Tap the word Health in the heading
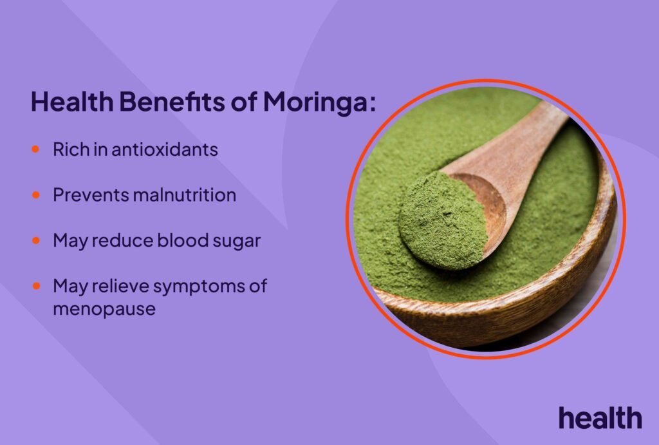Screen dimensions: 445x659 pos(62,102)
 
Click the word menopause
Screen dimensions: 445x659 pos(104,308)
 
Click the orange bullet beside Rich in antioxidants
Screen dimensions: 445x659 pos(36,149)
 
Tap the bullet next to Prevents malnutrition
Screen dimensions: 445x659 pos(36,194)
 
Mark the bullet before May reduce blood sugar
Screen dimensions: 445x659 pos(36,240)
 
